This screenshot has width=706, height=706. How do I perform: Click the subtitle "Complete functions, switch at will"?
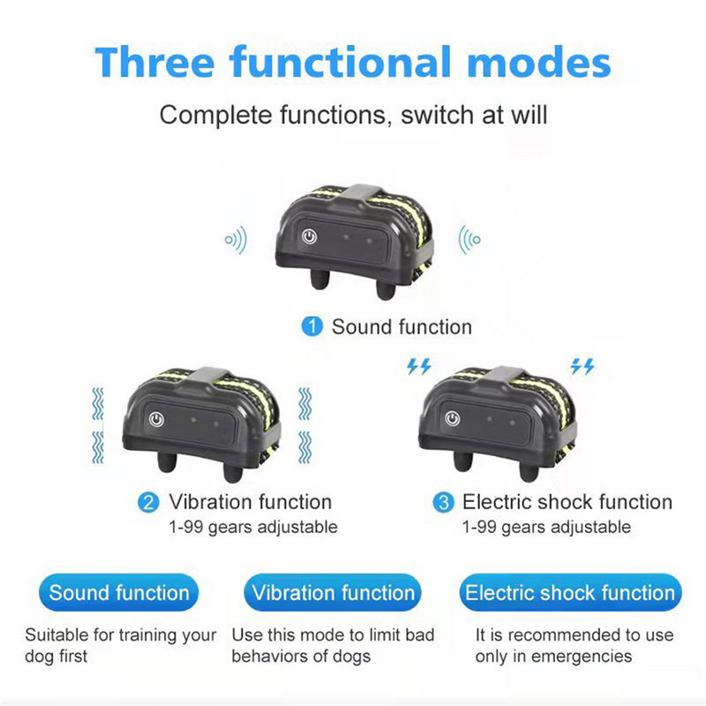point(353,115)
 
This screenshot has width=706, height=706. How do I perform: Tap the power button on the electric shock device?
point(453,419)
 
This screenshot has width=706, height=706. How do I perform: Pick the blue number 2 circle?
point(149,503)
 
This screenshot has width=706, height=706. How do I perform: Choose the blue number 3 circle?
point(443,503)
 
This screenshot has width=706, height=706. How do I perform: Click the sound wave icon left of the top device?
point(236,239)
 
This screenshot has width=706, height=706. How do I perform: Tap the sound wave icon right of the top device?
point(469,239)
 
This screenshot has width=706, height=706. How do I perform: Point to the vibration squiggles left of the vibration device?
point(98,424)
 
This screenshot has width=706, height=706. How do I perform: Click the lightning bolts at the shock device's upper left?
point(417,366)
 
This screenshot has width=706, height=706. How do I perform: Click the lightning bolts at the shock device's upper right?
point(582,366)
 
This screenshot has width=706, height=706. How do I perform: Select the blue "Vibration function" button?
point(333,593)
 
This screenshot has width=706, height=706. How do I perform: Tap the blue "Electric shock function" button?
point(569,593)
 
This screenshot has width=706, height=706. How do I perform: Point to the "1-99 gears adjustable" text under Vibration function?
point(252,527)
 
